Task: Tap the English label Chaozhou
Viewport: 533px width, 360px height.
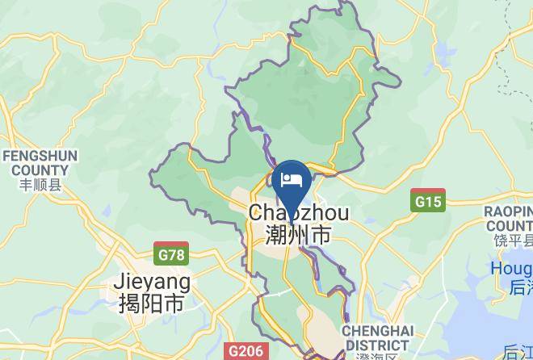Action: pos(299,213)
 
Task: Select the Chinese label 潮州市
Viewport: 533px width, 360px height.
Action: pos(299,235)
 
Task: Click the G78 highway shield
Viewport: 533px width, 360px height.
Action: pos(170,255)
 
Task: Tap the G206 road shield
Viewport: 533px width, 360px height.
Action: pos(244,351)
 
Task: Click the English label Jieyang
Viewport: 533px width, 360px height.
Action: pos(152,282)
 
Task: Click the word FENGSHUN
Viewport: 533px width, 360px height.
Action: pos(40,156)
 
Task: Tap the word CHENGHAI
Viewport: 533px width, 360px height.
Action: pos(378,332)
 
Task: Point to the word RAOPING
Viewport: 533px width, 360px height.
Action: pos(509,211)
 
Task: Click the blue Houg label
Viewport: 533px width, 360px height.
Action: pos(510,268)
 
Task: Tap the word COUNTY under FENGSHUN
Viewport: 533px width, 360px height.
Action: pos(40,170)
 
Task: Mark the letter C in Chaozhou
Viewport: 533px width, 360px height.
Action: pos(257,213)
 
